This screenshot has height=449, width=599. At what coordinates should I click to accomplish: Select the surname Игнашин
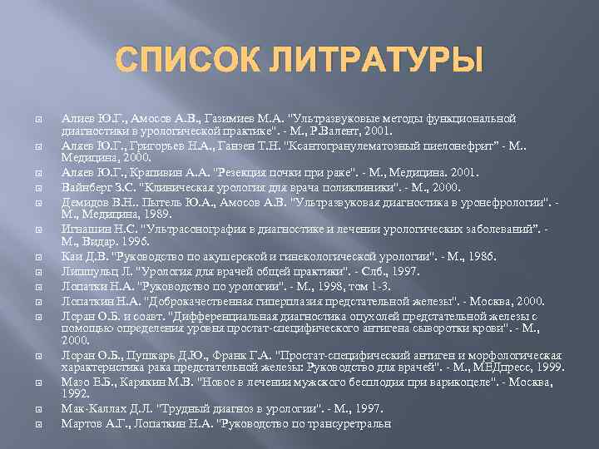(x=84, y=229)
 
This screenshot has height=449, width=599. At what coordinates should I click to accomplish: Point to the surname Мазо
(x=75, y=380)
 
